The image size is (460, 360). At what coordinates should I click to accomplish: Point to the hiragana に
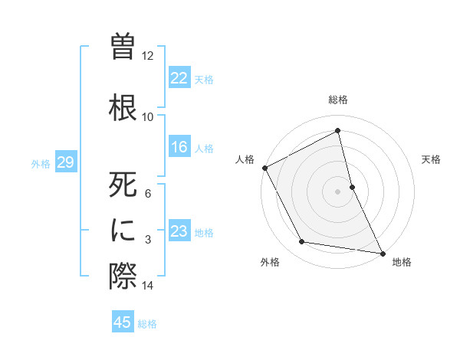point(123,230)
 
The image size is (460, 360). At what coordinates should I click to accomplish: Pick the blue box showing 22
point(179,78)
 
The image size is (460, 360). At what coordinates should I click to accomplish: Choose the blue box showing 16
point(179,148)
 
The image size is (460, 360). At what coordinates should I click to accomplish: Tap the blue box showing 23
point(179,232)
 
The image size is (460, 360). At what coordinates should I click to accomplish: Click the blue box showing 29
point(65,162)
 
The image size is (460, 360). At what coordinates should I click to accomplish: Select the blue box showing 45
point(123,322)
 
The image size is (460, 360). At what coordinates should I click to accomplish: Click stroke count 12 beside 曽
point(148,56)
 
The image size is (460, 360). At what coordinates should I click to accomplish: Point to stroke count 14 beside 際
point(148,286)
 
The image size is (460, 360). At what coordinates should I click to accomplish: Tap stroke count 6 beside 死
point(148,194)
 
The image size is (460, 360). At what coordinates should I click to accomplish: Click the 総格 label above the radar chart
point(338,100)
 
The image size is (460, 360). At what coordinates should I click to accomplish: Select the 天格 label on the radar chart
point(432,159)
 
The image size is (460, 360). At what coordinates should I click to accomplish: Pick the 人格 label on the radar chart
point(245,159)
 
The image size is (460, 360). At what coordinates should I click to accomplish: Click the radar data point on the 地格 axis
point(383,252)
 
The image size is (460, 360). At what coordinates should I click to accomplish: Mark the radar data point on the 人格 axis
point(264,167)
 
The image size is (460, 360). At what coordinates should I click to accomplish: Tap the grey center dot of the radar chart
point(338,191)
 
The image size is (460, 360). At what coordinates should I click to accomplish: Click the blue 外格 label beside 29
point(41,163)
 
